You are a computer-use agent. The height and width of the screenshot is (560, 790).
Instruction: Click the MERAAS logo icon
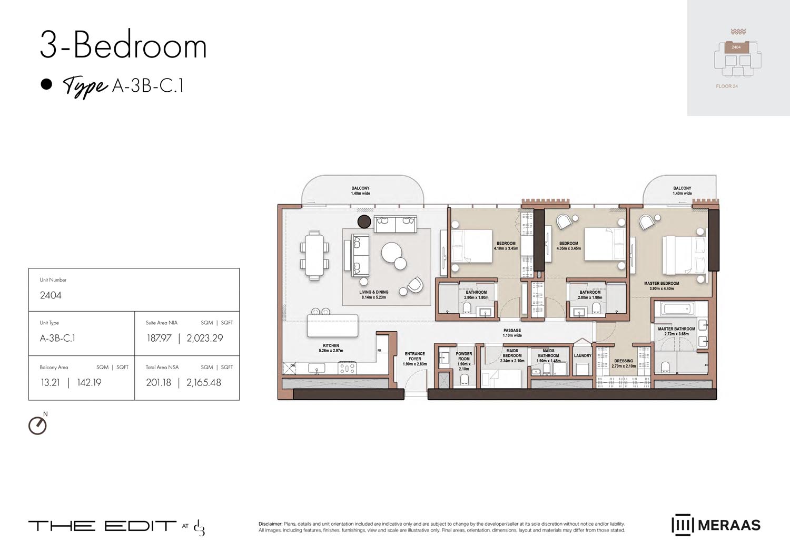click(682, 525)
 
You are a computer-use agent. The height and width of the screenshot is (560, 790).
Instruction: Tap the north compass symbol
click(37, 425)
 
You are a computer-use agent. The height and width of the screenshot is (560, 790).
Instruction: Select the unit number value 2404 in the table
click(51, 295)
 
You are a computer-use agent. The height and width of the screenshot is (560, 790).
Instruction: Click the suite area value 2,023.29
click(205, 338)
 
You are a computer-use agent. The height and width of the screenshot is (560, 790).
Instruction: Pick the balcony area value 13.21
click(51, 382)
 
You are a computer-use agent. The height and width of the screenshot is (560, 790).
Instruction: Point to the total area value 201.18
click(159, 382)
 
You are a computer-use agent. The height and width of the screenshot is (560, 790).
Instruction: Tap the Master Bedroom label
click(661, 284)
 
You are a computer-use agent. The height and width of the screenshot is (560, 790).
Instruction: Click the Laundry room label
click(582, 355)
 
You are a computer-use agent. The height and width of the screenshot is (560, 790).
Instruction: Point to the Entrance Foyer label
click(414, 356)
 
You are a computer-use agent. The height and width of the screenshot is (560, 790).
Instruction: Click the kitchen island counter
click(332, 327)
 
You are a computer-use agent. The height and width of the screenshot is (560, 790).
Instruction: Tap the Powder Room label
click(463, 356)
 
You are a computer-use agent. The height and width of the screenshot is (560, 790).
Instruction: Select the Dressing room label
click(624, 361)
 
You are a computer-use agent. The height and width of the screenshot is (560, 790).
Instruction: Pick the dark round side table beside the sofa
click(364, 221)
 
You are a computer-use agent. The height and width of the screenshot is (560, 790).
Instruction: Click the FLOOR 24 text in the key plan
click(727, 86)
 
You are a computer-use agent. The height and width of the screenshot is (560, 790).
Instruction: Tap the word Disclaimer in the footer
click(270, 524)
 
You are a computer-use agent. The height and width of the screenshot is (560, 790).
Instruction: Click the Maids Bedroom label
click(512, 353)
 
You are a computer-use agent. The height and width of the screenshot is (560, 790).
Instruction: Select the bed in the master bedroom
click(684, 255)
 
